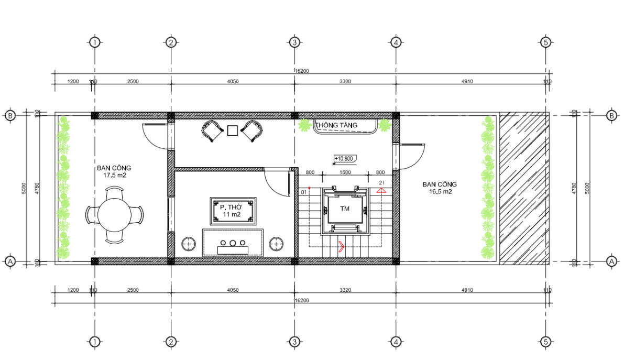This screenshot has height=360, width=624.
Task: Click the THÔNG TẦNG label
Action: tap(336, 125)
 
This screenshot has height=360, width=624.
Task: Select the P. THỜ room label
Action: tap(231, 208)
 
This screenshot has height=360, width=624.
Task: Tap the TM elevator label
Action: tap(345, 209)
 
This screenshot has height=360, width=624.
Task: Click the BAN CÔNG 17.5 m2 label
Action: tap(114, 172)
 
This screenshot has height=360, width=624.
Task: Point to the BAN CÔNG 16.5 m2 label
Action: tap(440, 188)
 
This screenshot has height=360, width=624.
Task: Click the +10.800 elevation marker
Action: tap(344, 159)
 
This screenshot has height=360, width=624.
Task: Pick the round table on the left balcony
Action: tap(115, 215)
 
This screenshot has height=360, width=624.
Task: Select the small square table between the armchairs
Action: tap(233, 130)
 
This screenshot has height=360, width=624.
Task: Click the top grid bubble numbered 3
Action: tap(294, 42)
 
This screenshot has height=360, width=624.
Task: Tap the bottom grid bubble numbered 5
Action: tap(545, 342)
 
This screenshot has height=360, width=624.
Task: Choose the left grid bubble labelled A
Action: tap(10, 261)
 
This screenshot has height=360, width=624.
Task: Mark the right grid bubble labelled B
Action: tap(611, 116)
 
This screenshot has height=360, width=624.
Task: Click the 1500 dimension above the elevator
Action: tap(345, 172)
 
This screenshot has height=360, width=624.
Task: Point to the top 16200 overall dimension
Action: tap(302, 71)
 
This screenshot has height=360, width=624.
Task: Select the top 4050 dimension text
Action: tap(233, 81)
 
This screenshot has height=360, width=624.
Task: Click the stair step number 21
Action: tap(381, 183)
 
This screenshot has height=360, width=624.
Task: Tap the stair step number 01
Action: tap(304, 192)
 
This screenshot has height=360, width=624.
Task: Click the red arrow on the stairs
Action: tap(341, 246)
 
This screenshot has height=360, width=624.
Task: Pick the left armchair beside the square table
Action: tap(212, 130)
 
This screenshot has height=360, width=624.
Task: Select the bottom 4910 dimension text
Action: tap(467, 290)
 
